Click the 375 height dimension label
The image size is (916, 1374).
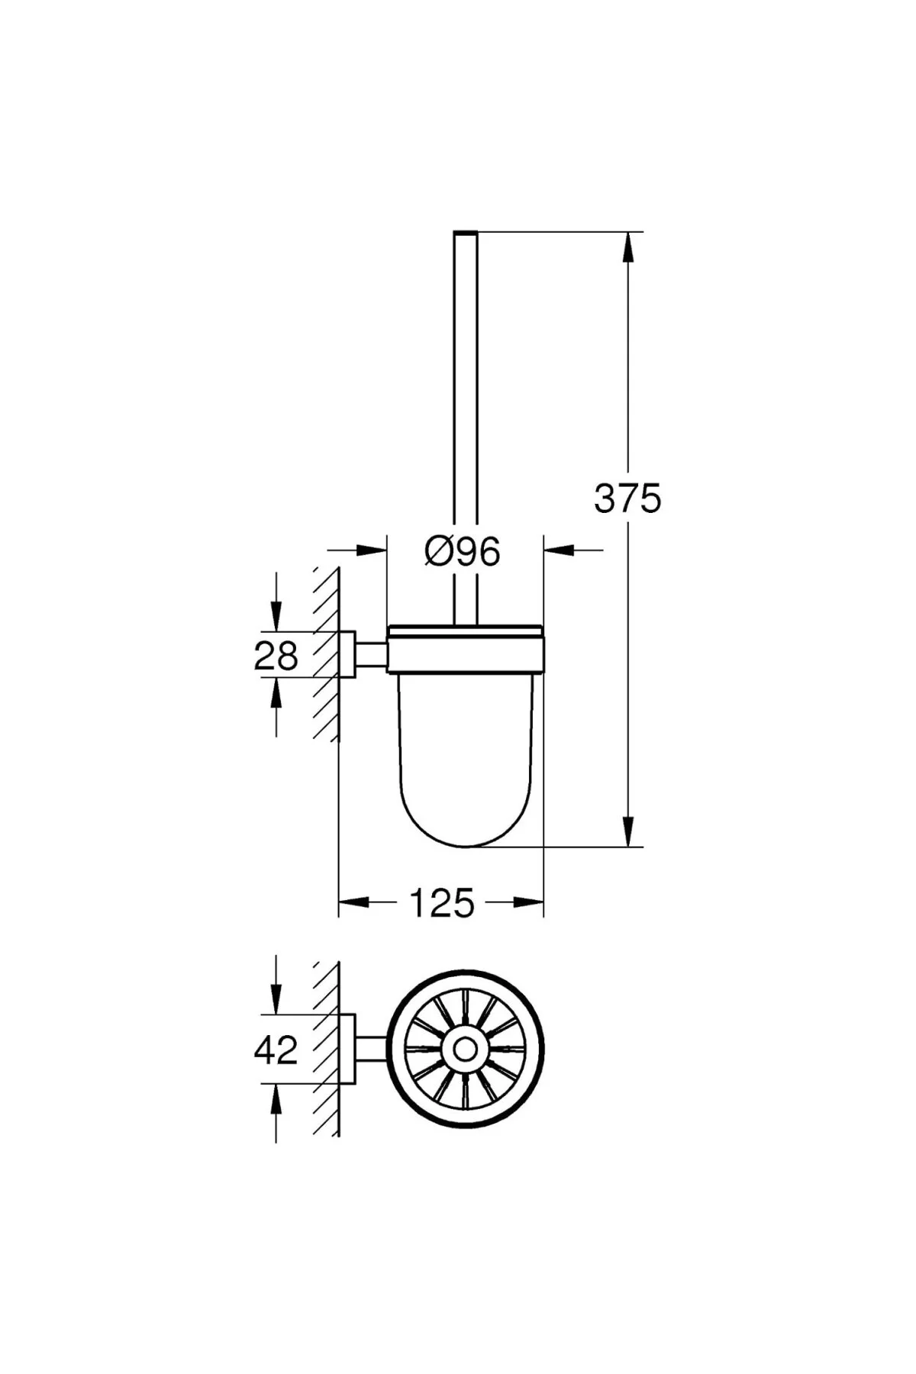pos(627,499)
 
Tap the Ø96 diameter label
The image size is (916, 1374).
pos(463,551)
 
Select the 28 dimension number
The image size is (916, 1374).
pos(276,655)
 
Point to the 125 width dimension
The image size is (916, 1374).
pos(442,904)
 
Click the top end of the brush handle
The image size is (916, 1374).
pos(466,232)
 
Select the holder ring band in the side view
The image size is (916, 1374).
pos(466,650)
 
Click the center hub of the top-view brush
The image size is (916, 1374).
pos(465,1049)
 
